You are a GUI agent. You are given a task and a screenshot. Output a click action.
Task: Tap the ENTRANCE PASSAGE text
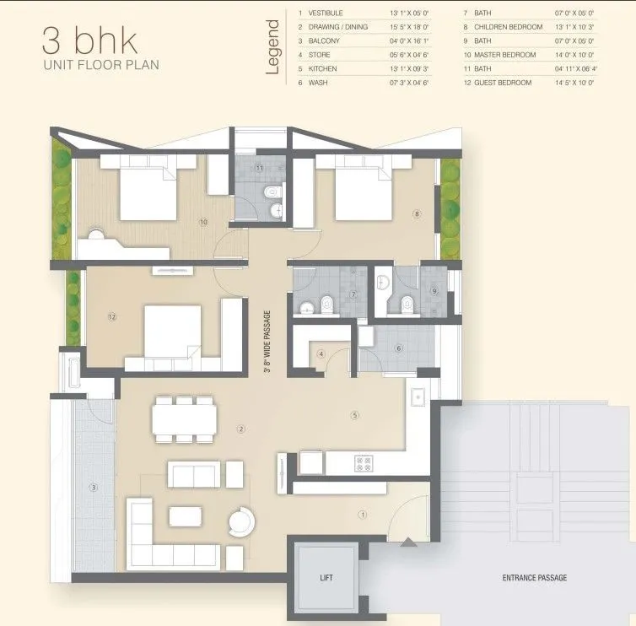click(534, 578)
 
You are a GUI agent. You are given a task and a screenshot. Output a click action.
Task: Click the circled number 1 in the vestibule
click(363, 514)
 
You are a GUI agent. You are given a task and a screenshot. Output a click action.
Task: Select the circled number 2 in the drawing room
click(241, 429)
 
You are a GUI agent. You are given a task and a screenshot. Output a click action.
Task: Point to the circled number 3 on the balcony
click(94, 487)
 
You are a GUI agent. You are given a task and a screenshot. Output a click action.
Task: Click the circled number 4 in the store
click(321, 353)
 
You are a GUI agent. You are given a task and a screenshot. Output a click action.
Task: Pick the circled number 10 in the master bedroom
click(203, 223)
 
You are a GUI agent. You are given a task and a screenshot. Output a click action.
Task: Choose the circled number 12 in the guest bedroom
click(111, 317)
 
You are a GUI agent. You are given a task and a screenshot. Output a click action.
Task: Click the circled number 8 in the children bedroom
click(416, 214)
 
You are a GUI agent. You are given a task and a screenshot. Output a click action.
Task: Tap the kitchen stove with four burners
click(364, 463)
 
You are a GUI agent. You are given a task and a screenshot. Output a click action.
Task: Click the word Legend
click(272, 48)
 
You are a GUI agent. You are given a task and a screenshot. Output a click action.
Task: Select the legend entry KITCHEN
click(323, 68)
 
